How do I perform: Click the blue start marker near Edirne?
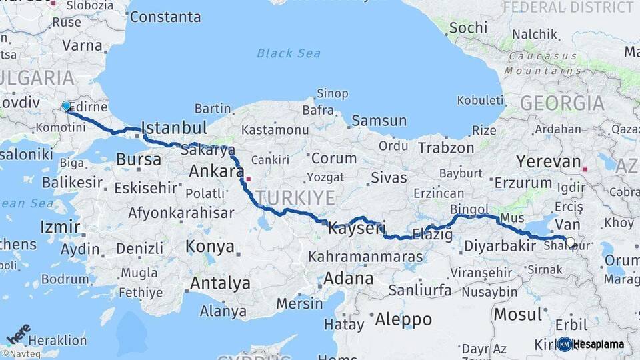[x=66, y=106]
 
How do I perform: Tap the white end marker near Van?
[x=570, y=242]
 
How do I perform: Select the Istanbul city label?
[x=175, y=128]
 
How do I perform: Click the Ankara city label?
[x=216, y=171]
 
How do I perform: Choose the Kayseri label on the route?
[x=357, y=229]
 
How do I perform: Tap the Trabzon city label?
[x=447, y=148]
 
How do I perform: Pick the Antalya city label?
[x=220, y=283]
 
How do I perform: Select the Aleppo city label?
[x=403, y=319]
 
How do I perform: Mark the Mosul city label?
[x=517, y=314]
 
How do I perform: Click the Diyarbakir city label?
[x=500, y=246]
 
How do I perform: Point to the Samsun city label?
[x=379, y=121]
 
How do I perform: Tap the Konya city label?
[x=210, y=247]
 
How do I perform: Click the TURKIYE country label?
[x=295, y=197]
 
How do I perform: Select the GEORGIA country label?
[x=561, y=103]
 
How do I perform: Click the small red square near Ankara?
[x=248, y=179]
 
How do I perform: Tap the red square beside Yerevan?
[x=585, y=169]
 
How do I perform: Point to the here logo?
[x=18, y=333]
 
